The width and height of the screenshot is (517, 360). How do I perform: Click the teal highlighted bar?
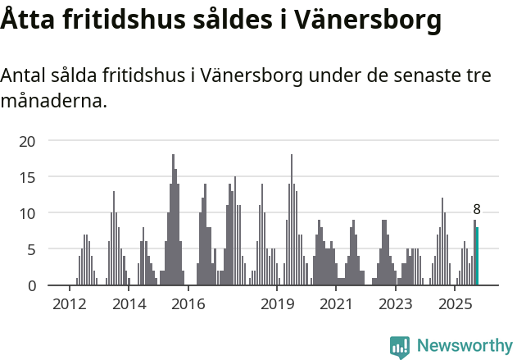(x=477, y=257)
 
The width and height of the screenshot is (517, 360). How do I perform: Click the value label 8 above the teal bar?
(x=477, y=210)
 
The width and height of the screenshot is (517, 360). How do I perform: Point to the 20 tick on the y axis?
(x=27, y=141)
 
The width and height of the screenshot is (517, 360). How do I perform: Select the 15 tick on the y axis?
(x=27, y=177)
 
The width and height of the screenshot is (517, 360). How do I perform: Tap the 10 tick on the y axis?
(x=27, y=213)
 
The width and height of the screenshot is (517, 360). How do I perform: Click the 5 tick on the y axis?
(x=31, y=249)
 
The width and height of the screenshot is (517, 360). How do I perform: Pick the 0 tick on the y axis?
(x=31, y=285)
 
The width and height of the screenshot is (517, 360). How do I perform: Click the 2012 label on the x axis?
(x=69, y=304)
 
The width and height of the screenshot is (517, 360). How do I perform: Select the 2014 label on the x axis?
(x=129, y=304)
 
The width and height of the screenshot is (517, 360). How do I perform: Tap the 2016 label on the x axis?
(x=188, y=304)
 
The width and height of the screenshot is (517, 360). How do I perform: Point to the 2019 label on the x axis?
(x=278, y=304)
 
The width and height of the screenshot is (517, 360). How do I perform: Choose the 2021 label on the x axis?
(x=336, y=304)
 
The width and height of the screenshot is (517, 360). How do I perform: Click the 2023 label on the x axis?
(x=396, y=304)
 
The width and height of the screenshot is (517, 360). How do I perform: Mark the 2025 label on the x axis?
(x=455, y=304)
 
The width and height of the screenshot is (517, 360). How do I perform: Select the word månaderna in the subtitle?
(x=53, y=103)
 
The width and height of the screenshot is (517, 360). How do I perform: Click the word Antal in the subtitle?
(x=25, y=76)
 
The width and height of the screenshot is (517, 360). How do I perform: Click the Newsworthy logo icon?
(x=399, y=347)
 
